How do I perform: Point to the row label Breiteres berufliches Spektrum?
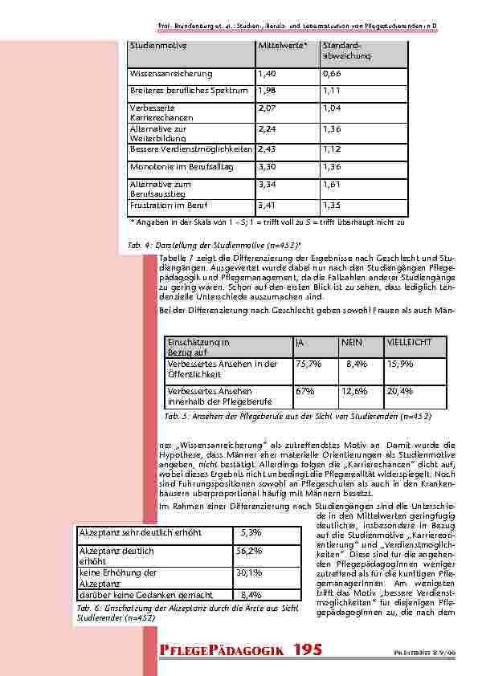click(x=189, y=92)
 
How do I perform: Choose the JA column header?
click(x=300, y=343)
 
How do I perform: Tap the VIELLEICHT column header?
click(x=409, y=343)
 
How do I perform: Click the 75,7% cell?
click(x=309, y=364)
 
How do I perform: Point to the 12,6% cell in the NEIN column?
click(x=354, y=392)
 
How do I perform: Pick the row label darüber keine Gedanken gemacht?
click(x=145, y=595)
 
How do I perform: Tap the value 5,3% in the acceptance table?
click(x=251, y=533)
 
